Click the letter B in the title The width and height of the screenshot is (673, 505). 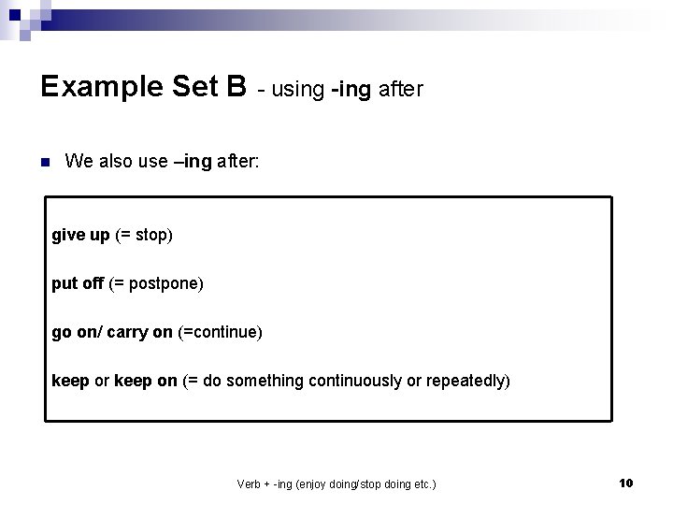click(x=234, y=87)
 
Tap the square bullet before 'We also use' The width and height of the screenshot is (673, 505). click(x=44, y=162)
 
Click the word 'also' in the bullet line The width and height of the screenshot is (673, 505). click(x=118, y=162)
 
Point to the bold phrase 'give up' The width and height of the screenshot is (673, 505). click(x=80, y=235)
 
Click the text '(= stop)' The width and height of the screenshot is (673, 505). click(x=144, y=235)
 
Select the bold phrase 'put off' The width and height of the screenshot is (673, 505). click(x=78, y=283)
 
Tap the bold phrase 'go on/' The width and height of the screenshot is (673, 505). click(x=74, y=332)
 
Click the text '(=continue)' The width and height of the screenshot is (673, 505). click(x=221, y=332)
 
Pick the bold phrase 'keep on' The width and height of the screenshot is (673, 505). click(x=145, y=381)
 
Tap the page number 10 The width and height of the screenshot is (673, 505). click(x=626, y=483)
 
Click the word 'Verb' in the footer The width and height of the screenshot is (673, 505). click(x=250, y=483)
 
